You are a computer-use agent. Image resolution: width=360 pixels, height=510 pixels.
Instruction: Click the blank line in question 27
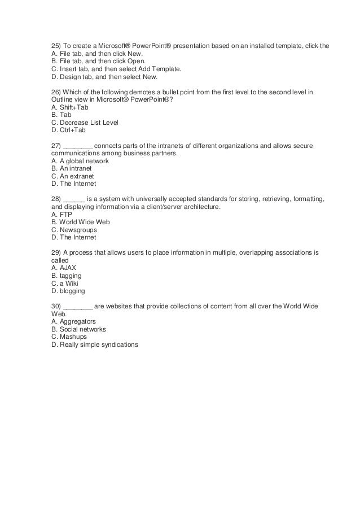[78, 146]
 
